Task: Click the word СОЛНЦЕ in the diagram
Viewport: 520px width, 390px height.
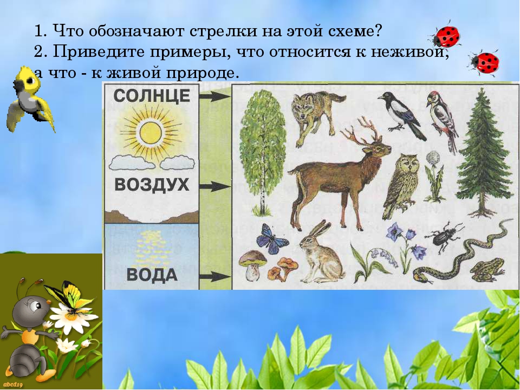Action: point(152,96)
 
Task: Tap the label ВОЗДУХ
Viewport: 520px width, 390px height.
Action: point(152,185)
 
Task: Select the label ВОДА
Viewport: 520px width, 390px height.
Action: point(152,275)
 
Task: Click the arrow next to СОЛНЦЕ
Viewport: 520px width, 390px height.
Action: point(214,96)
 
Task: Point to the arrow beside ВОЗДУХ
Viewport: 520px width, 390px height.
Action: point(214,186)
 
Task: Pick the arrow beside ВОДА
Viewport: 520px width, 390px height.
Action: point(214,276)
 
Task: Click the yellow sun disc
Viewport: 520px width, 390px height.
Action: point(151,133)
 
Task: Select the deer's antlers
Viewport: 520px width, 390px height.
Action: point(361,131)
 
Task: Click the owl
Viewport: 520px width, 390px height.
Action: point(402,185)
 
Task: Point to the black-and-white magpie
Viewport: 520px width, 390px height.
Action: point(402,115)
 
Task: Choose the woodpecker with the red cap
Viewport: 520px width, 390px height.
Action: point(443,121)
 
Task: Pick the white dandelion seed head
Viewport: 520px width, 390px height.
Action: point(433,157)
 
